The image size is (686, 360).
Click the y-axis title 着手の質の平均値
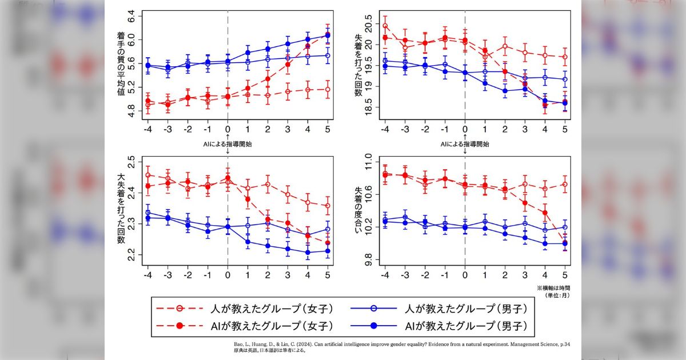[122, 63]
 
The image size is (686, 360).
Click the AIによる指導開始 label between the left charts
[228, 144]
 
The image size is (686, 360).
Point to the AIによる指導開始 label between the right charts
[464, 144]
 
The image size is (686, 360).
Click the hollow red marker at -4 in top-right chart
[385, 26]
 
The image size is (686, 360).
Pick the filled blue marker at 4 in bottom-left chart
[308, 252]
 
